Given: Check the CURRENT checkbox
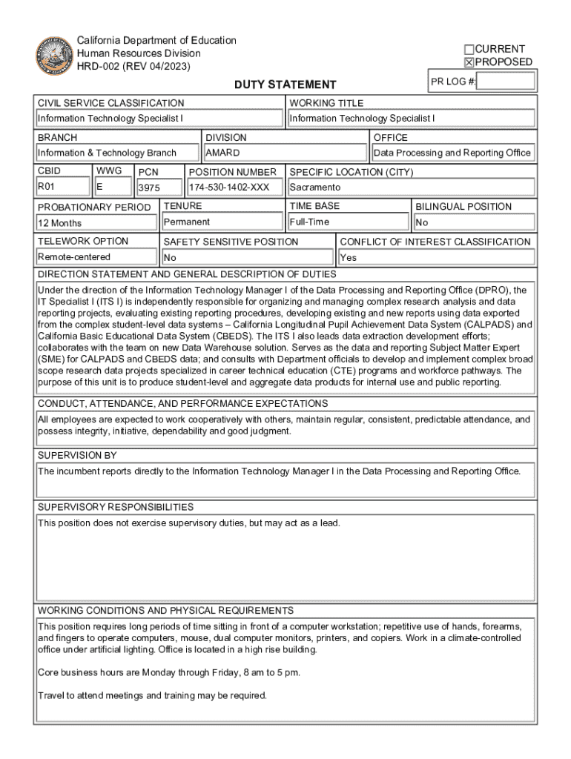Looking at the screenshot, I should pyautogui.click(x=469, y=49).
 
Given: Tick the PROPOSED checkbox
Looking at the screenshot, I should pyautogui.click(x=469, y=62).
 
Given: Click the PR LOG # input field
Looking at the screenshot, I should pyautogui.click(x=506, y=82).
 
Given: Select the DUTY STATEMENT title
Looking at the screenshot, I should pyautogui.click(x=285, y=85).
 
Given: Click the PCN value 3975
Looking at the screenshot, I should pyautogui.click(x=150, y=188).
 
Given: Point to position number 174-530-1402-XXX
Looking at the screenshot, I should pyautogui.click(x=229, y=188).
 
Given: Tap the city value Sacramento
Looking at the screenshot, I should pyautogui.click(x=315, y=188).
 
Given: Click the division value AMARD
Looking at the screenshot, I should pyautogui.click(x=222, y=153).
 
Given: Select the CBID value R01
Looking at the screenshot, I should pyautogui.click(x=47, y=187).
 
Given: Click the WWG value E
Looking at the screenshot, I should pyautogui.click(x=100, y=187).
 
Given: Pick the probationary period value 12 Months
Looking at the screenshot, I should pyautogui.click(x=60, y=223).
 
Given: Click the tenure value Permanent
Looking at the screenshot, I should pyautogui.click(x=187, y=222).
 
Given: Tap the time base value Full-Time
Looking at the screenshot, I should pyautogui.click(x=310, y=222).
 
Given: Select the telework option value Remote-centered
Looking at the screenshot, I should pyautogui.click(x=74, y=257).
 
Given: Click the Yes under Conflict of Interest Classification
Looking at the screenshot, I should pyautogui.click(x=348, y=258).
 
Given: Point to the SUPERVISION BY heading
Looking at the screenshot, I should pyautogui.click(x=77, y=455).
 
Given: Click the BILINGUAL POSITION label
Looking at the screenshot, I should pyautogui.click(x=463, y=207).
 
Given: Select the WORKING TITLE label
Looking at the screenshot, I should pyautogui.click(x=326, y=103).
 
